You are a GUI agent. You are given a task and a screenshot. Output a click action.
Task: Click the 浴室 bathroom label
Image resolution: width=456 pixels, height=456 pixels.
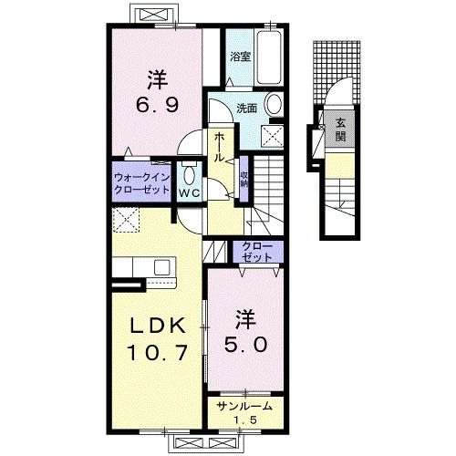click(240, 57)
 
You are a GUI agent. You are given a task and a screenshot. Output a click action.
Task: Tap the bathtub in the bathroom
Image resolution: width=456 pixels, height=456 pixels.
click(269, 57)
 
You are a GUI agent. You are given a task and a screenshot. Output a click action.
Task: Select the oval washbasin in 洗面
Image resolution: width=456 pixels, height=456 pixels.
click(274, 104)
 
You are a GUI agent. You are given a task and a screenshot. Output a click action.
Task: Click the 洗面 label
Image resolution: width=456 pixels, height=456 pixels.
click(247, 109)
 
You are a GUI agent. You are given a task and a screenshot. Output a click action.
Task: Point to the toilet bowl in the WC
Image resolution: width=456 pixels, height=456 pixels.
click(190, 176)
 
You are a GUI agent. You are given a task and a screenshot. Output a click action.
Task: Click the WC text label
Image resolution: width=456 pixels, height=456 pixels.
click(190, 192)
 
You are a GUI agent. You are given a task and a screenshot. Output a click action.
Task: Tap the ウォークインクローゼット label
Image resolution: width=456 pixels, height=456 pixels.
click(141, 183)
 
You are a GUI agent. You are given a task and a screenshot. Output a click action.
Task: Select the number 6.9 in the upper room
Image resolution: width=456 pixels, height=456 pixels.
click(157, 106)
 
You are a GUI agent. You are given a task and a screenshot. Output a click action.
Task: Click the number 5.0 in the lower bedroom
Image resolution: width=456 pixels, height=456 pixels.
click(246, 345)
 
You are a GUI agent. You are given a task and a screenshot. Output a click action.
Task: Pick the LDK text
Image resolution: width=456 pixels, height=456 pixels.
click(157, 326)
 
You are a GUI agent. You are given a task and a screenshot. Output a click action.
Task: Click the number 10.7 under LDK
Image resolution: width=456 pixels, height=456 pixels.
click(157, 353)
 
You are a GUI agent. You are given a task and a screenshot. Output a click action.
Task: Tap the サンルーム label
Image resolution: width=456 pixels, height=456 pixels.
click(244, 406)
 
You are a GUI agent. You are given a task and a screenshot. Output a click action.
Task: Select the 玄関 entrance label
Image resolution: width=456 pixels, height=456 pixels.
click(340, 130)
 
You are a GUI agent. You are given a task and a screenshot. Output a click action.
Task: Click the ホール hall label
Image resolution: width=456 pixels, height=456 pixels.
click(220, 147)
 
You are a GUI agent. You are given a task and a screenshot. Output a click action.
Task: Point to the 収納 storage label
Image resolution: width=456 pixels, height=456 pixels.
click(244, 180)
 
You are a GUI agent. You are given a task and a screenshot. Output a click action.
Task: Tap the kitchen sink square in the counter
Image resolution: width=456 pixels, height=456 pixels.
click(161, 267)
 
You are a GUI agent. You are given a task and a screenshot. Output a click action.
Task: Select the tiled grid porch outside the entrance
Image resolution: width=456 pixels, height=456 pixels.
click(337, 72)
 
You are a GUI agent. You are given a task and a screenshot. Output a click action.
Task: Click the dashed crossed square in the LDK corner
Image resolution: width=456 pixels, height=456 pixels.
click(126, 220)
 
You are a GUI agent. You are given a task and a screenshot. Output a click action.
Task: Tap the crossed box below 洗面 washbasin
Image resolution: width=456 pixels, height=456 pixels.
click(273, 136)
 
